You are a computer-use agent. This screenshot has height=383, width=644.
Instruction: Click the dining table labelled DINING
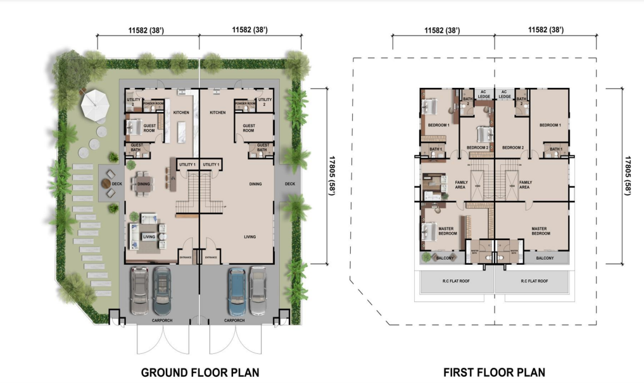click(143, 184)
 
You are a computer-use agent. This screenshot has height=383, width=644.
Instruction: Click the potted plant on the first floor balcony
click(426, 257)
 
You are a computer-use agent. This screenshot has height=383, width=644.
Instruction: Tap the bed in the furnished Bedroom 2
click(483, 135)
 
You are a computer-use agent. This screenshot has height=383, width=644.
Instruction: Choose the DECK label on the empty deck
click(290, 184)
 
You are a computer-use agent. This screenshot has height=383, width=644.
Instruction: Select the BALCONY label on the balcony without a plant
click(545, 258)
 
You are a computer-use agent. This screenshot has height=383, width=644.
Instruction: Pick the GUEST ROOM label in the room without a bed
click(249, 128)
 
